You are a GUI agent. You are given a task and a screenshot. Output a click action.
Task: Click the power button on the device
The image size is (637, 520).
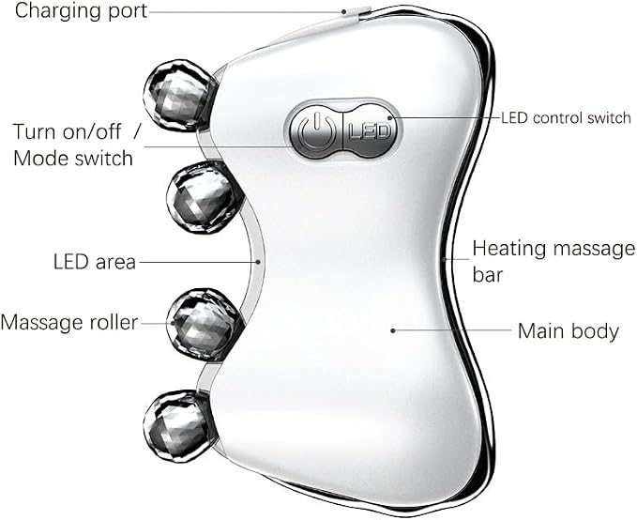[316, 130]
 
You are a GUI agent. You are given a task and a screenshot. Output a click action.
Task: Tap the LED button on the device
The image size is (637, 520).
[370, 130]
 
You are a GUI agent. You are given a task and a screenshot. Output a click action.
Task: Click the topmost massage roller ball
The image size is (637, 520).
[179, 96]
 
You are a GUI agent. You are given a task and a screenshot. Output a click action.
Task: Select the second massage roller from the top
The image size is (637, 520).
[203, 197]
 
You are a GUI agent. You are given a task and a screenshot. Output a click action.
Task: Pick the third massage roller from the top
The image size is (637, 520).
[204, 325]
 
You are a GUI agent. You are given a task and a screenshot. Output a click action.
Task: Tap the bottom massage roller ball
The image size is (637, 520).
[178, 426]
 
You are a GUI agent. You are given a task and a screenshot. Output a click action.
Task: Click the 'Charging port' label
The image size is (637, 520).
[81, 11]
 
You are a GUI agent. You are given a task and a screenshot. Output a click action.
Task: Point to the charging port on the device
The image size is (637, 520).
[357, 11]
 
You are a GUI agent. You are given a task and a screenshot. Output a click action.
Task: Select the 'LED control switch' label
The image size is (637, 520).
[566, 118]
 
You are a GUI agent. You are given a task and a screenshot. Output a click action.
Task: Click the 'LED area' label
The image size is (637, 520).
[94, 262]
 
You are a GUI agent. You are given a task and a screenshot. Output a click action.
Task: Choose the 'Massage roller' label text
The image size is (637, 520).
[69, 323]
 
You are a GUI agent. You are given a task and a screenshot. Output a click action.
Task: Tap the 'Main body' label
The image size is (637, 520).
[568, 331]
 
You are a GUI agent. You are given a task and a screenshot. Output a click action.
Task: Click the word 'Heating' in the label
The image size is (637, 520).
[508, 250]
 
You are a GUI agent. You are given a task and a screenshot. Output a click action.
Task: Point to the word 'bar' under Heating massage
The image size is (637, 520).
[488, 275]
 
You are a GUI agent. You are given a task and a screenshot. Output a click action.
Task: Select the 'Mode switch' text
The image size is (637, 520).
[73, 158]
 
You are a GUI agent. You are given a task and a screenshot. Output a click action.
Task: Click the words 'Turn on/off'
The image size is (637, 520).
[67, 131]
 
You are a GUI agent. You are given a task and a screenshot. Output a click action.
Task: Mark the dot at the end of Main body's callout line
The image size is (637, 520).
[393, 330]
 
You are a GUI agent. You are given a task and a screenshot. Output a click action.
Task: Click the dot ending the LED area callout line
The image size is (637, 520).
[258, 262]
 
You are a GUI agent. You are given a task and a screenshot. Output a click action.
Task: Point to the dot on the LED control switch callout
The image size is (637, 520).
[389, 118]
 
